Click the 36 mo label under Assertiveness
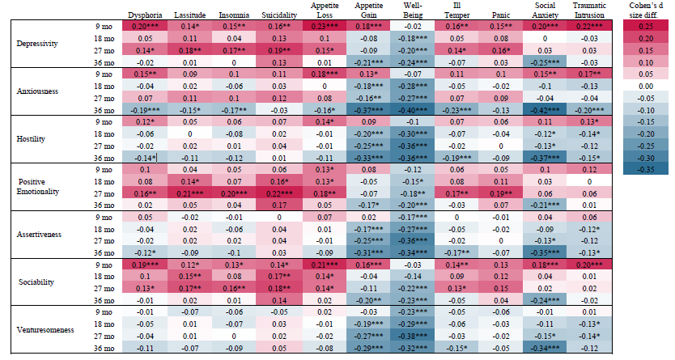click(102, 252)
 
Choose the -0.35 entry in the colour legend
click(647, 170)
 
